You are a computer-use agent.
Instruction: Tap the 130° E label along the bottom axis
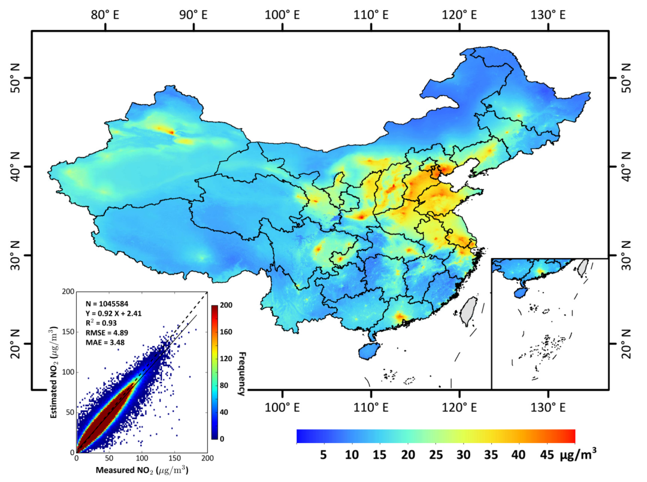pyautogui.click(x=548, y=408)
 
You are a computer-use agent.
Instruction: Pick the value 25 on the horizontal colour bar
pyautogui.click(x=436, y=455)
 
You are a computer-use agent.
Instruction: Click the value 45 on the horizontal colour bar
pyautogui.click(x=546, y=455)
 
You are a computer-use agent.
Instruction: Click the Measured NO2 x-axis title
pyautogui.click(x=141, y=470)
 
